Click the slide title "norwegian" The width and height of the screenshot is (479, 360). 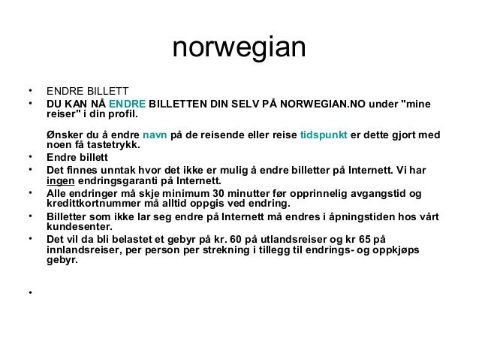pos(239,49)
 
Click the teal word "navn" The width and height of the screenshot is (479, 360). pos(155,136)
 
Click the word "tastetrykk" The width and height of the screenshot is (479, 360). pos(116,147)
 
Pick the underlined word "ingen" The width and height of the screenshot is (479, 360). pos(59,180)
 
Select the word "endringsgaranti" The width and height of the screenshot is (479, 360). pos(116,180)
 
